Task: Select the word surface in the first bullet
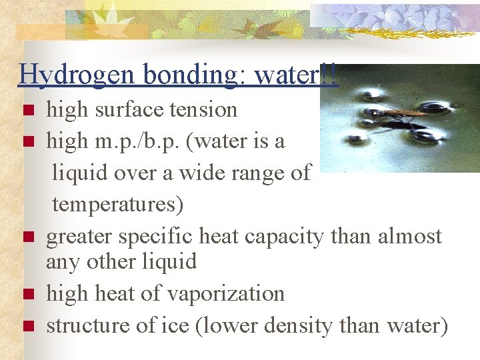click(x=121, y=109)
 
